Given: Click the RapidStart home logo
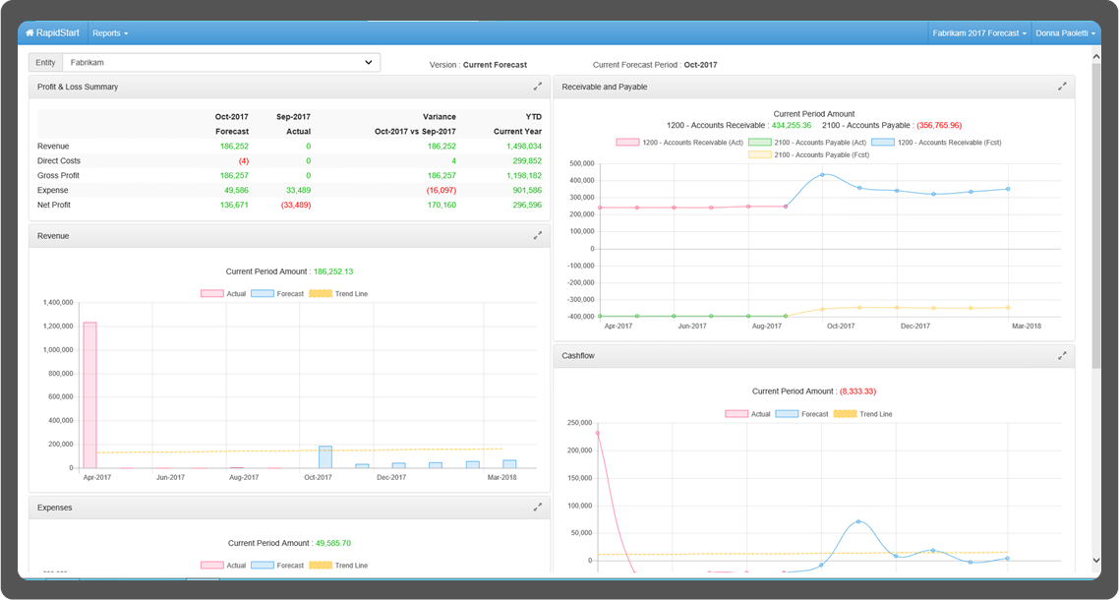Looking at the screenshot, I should tap(53, 32).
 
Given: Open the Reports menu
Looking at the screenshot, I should tap(109, 32).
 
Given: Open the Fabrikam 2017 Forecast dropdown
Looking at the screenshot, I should tap(978, 32).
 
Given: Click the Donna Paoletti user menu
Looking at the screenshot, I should tap(1064, 32).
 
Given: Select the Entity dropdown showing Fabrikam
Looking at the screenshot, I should tap(220, 62).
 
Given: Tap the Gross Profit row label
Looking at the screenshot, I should tap(58, 175).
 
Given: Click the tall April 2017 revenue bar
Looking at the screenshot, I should tap(89, 393).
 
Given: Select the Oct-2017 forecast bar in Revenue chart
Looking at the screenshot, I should tap(324, 457).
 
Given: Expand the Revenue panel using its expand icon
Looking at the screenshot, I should tap(538, 236).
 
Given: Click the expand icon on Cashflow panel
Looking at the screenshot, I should tap(1062, 355).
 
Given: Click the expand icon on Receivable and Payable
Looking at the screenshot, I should tap(1062, 87).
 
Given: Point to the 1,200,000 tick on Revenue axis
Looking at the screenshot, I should tap(59, 326).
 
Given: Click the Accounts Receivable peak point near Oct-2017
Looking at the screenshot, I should tap(822, 175).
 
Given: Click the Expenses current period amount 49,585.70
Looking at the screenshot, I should tap(332, 543).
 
